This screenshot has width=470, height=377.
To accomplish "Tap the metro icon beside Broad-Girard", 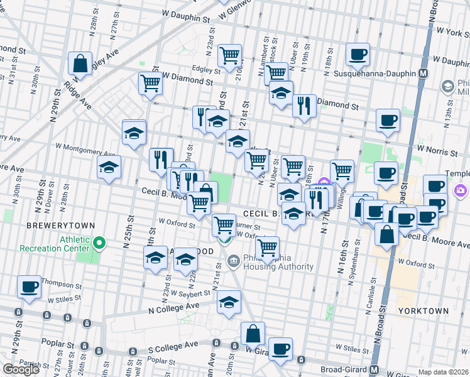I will coord(374,369).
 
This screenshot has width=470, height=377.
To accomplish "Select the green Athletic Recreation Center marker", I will coord(99,242).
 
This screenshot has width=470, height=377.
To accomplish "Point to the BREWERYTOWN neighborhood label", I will coord(60,225).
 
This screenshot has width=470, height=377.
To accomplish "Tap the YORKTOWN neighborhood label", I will coord(423,310).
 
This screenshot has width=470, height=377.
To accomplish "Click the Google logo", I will coord(21,369).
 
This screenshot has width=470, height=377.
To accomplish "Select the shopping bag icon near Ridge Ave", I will coord(80,63).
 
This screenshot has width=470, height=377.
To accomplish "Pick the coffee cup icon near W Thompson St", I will coord(29,287).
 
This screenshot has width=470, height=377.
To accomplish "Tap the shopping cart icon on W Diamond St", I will coord(150,83).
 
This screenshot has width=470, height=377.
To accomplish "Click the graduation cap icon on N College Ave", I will coord(229,302).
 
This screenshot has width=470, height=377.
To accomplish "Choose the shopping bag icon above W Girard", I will coord(253,334).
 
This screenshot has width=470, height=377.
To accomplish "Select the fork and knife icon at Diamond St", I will coord(304,106).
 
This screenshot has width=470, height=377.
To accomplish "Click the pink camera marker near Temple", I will coord(461,190).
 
